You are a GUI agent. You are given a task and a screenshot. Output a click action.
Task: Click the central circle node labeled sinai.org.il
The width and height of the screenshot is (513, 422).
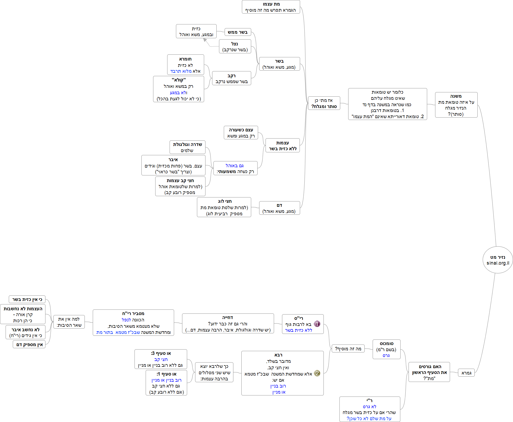(x=498, y=260)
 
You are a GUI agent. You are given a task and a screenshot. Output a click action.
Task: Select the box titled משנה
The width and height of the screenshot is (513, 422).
(x=456, y=105)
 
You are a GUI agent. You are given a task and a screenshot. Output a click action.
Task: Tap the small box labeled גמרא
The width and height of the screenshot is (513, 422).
(x=466, y=373)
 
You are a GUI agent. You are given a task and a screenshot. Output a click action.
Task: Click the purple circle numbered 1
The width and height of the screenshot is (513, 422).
(x=317, y=324)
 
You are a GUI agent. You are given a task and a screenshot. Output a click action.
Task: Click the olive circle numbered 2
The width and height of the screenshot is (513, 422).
(x=317, y=373)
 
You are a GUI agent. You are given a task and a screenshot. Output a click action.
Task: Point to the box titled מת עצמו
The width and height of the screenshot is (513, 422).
(x=271, y=7)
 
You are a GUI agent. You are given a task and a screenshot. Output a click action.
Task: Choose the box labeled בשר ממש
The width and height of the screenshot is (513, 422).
(x=238, y=32)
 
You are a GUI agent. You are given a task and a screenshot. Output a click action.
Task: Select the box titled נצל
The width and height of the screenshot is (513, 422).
(x=235, y=46)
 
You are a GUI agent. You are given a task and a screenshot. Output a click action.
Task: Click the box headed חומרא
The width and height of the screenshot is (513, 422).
(x=186, y=65)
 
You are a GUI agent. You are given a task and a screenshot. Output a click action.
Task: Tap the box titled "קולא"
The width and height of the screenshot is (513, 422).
(x=179, y=89)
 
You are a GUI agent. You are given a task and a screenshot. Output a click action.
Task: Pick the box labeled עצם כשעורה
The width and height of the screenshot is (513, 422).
(x=241, y=133)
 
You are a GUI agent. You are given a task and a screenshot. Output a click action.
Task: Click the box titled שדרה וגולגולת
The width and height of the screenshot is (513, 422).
(x=187, y=147)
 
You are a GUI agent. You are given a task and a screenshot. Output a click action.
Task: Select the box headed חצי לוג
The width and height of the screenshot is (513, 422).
(x=224, y=207)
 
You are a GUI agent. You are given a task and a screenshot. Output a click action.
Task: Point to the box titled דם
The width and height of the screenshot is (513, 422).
(x=279, y=208)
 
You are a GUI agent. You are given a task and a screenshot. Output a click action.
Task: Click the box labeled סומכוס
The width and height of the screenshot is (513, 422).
(x=386, y=349)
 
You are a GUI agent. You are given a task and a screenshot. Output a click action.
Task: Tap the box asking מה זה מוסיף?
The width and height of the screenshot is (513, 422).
(x=348, y=349)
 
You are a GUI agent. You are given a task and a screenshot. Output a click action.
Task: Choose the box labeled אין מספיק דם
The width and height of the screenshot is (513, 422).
(x=29, y=345)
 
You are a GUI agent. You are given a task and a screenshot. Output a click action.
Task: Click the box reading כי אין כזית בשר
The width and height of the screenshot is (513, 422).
(x=27, y=299)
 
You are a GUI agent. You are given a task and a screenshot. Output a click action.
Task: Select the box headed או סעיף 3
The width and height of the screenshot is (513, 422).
(x=161, y=359)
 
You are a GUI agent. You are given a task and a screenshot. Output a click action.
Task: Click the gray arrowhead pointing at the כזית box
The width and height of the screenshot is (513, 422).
(x=205, y=40)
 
